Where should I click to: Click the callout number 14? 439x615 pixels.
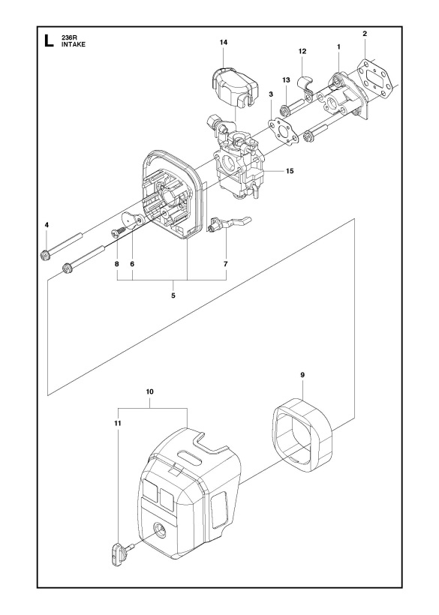tap(224, 42)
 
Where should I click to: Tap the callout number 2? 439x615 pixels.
tap(365, 34)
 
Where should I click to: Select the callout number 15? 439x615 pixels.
tap(290, 171)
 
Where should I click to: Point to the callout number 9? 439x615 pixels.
tap(302, 375)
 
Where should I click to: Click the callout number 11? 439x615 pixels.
tap(118, 424)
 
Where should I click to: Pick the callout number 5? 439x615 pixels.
tap(173, 295)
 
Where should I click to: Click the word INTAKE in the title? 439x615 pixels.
tap(74, 44)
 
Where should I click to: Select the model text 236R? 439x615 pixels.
tap(68, 37)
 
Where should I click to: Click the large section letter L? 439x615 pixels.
tap(49, 40)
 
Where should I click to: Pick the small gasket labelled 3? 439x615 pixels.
tap(283, 131)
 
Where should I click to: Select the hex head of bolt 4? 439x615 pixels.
tap(44, 255)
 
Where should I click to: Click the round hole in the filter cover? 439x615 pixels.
tap(160, 532)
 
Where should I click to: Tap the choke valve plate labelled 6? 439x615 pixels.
tap(133, 219)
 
